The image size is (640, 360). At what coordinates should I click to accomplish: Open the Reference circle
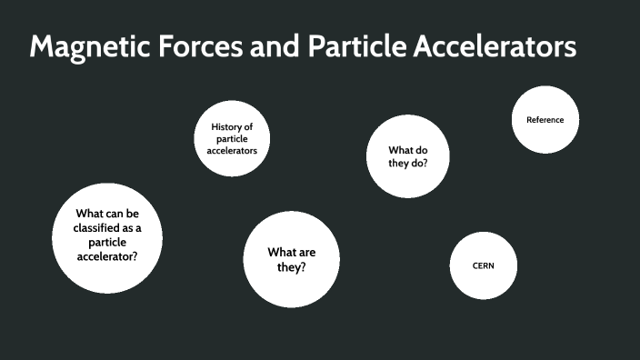tap(545, 119)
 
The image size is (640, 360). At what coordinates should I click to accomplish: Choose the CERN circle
tap(484, 265)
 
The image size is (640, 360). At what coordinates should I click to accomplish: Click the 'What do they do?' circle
tap(407, 156)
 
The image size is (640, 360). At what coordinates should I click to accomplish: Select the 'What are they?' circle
tap(291, 260)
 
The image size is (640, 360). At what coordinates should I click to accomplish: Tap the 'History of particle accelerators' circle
tap(232, 138)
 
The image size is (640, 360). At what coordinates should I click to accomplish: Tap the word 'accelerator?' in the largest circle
tap(107, 256)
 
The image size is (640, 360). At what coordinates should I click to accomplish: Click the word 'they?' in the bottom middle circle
tap(291, 268)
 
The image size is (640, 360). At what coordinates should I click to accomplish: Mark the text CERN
tap(484, 265)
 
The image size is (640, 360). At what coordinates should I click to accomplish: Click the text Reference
tap(545, 119)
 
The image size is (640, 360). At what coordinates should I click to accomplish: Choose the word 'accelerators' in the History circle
tap(232, 150)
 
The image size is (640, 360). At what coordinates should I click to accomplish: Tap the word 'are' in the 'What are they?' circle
tap(305, 252)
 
